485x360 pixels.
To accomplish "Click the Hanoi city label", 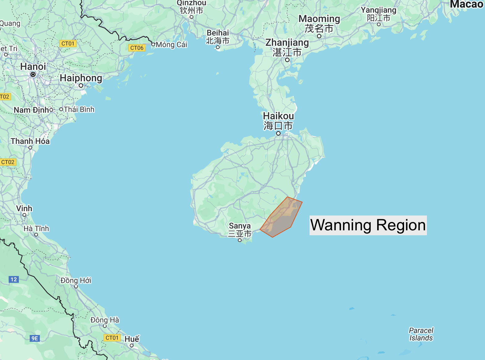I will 33,66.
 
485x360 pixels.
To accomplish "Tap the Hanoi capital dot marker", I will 33,74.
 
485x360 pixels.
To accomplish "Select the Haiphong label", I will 81,78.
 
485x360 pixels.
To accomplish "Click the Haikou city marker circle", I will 278,133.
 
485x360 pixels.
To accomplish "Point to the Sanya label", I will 240,226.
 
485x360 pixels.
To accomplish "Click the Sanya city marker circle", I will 240,240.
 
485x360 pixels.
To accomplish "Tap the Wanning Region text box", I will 368,225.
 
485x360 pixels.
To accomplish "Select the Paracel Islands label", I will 421,334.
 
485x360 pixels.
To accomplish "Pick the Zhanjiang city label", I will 287,42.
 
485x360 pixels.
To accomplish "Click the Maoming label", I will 319,19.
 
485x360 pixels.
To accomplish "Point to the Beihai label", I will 218,33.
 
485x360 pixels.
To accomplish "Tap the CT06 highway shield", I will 137,48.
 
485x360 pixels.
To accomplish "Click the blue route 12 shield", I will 14,279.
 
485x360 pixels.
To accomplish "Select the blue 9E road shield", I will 35,338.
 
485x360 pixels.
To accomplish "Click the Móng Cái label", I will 171,45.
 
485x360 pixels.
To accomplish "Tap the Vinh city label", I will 24,208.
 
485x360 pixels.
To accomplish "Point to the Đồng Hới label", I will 76,280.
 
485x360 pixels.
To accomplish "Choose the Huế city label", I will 132,339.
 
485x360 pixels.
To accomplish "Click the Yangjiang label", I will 378,10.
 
